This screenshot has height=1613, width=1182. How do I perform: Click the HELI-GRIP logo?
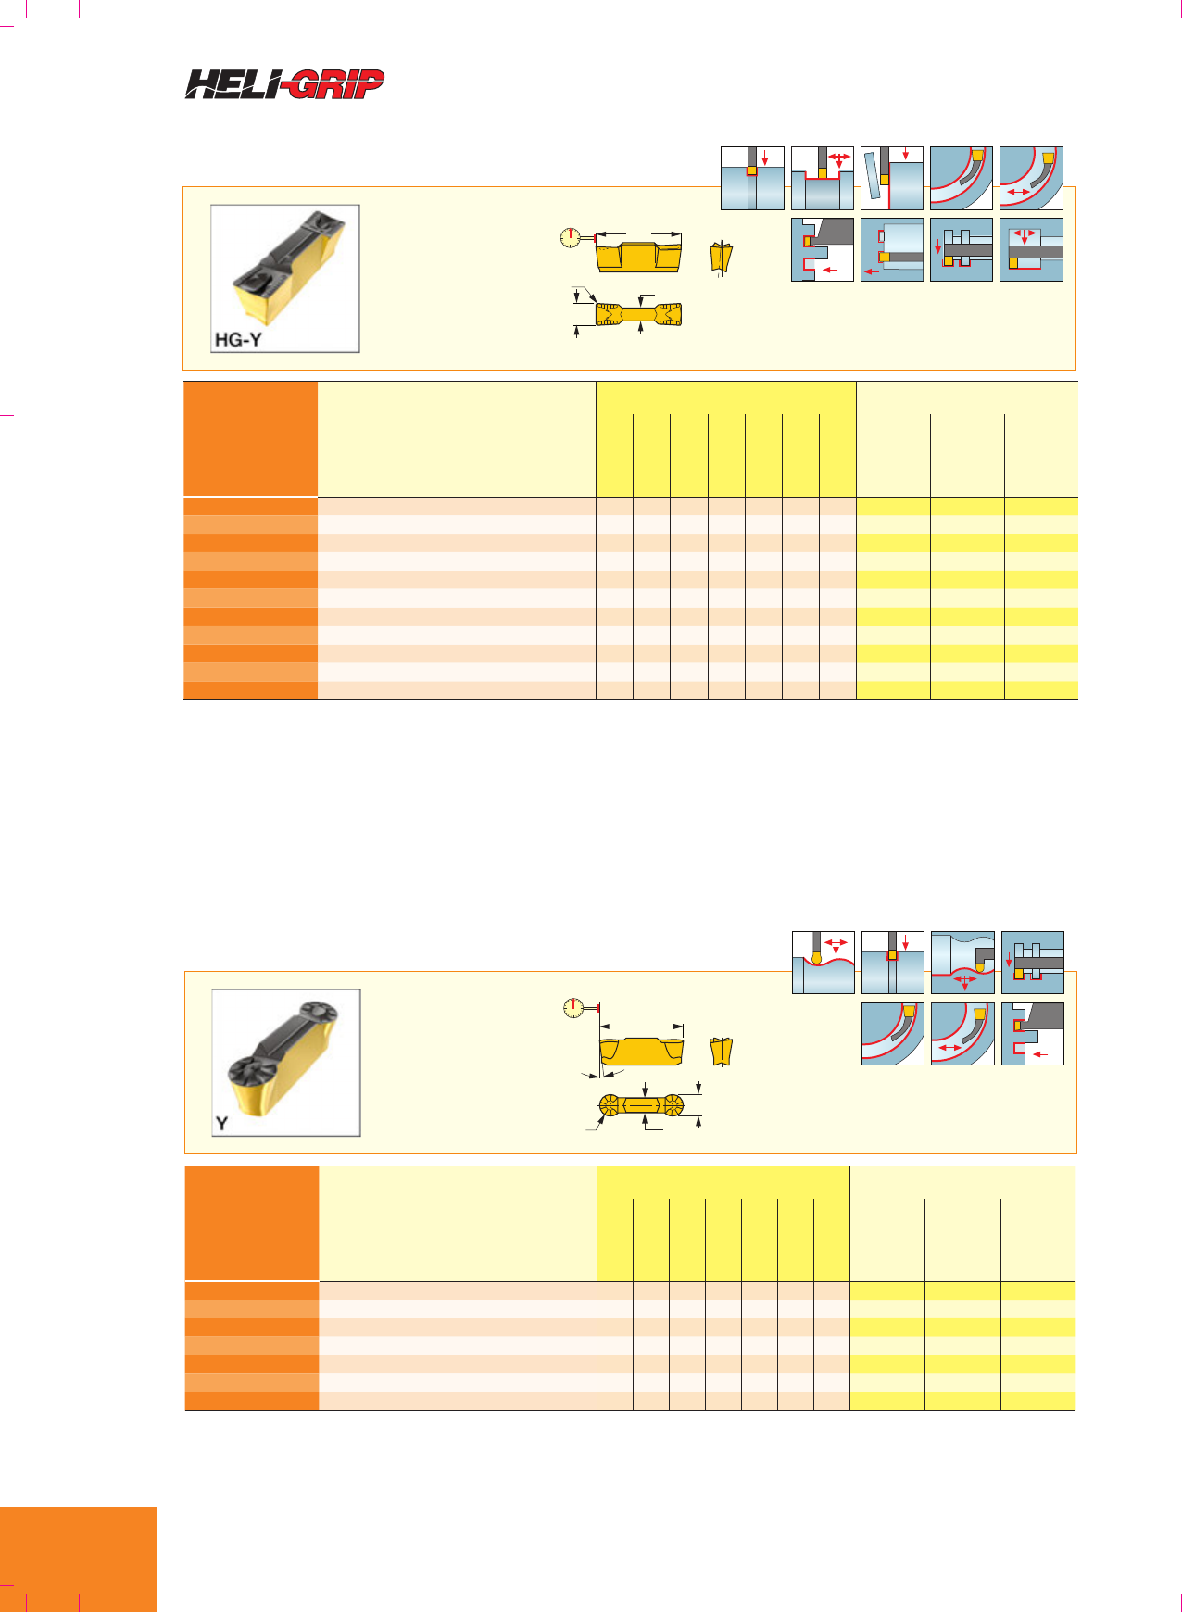(x=284, y=84)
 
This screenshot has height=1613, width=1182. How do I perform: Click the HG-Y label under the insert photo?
(x=238, y=339)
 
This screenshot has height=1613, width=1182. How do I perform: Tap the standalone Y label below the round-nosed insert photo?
(x=221, y=1124)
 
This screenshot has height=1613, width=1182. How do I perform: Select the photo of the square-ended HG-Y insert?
(x=285, y=278)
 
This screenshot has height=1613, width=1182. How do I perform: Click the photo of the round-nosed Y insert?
(x=286, y=1063)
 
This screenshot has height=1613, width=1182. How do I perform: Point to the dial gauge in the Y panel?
(x=577, y=1008)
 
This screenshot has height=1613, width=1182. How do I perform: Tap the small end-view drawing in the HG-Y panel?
(x=722, y=258)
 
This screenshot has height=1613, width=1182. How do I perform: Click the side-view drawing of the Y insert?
(x=642, y=1052)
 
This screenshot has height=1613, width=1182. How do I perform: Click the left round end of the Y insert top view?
(x=610, y=1105)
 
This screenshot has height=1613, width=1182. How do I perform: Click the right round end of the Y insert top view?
(x=672, y=1105)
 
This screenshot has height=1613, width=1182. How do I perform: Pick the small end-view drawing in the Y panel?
(x=722, y=1052)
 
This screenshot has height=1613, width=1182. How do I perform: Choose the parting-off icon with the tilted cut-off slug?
(x=892, y=178)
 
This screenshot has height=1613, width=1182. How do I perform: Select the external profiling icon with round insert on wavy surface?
(x=824, y=963)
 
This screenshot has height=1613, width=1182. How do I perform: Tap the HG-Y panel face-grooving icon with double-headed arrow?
(x=1031, y=178)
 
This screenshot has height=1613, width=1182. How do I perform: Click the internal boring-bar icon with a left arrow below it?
(x=892, y=249)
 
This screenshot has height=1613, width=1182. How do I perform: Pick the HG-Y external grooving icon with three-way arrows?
(x=823, y=178)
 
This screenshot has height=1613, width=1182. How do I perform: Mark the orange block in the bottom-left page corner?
(x=79, y=1560)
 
